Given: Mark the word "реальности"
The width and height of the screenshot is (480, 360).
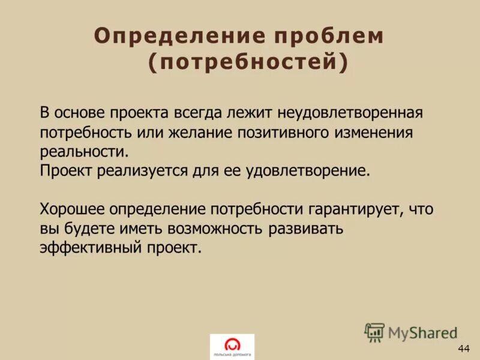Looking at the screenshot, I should click(83, 151).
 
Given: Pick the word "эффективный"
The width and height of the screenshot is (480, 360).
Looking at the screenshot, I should click(90, 247).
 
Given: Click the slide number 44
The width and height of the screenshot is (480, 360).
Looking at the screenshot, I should click(463, 349).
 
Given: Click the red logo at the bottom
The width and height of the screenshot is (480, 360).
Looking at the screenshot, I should click(232, 345).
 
